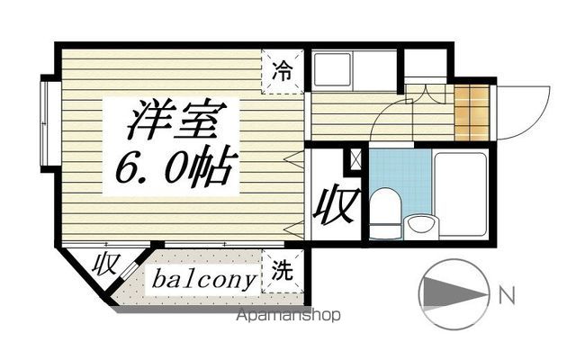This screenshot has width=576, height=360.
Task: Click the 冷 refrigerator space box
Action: point(283,69)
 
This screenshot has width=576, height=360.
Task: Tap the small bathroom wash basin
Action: point(419,225)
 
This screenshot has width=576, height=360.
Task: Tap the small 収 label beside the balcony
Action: point(108,266)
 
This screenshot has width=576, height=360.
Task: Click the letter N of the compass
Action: point(507,292)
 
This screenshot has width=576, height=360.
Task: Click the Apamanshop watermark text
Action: point(287,316)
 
